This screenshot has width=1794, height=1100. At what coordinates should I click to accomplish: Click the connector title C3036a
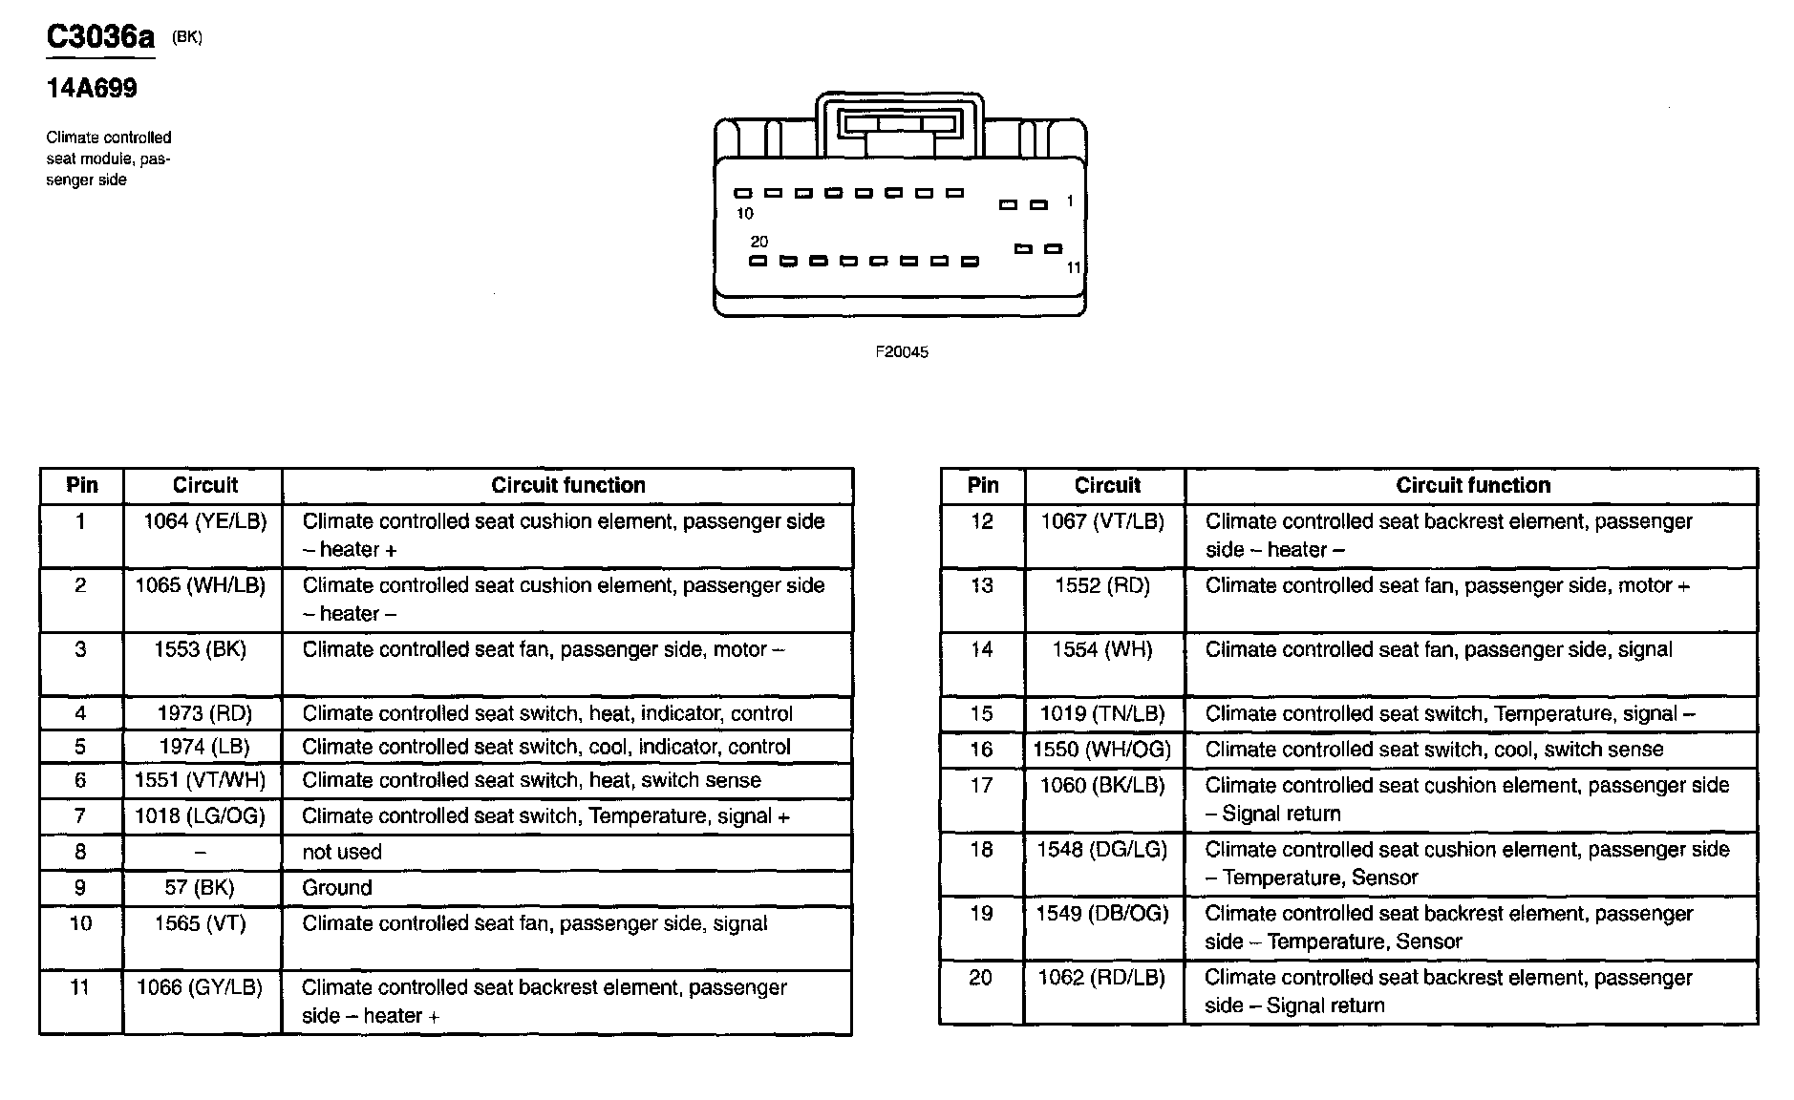(99, 38)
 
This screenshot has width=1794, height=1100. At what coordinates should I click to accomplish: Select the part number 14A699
(92, 89)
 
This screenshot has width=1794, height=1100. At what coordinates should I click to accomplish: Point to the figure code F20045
(902, 352)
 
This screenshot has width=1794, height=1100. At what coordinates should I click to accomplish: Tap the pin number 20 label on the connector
(759, 242)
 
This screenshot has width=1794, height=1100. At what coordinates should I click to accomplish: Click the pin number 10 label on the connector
(745, 214)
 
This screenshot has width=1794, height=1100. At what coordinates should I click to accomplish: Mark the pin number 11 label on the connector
(1074, 268)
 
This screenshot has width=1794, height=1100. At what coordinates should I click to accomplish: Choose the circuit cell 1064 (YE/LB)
(204, 521)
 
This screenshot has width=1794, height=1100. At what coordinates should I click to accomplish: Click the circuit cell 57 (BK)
(200, 887)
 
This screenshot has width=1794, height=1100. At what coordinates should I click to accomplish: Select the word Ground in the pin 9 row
(337, 888)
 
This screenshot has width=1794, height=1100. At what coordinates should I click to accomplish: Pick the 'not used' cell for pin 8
(342, 852)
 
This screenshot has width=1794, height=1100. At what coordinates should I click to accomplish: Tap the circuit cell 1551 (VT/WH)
(201, 780)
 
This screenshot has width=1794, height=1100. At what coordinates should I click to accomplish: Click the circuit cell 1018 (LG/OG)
(201, 816)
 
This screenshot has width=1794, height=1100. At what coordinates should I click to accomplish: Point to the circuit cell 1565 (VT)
(200, 923)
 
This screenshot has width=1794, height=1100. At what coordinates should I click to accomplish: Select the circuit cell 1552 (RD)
(1102, 585)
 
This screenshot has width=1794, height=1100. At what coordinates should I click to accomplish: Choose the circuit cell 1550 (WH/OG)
(1102, 750)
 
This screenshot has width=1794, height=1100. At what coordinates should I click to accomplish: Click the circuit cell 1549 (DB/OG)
(1102, 914)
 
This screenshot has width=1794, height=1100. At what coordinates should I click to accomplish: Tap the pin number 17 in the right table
(982, 786)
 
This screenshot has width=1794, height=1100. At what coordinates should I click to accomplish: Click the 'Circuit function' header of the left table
(568, 485)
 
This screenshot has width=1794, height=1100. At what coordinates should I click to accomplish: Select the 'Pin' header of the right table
(983, 485)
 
